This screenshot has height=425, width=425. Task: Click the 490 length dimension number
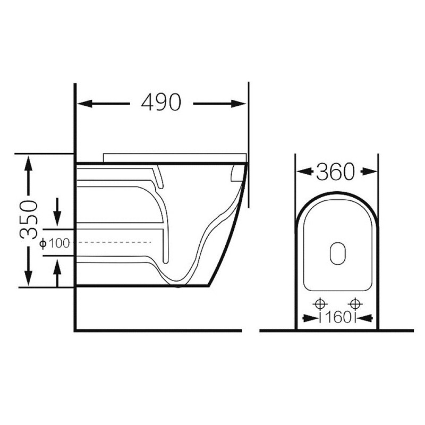coord(161,102)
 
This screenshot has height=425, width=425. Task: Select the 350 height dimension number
coord(28,219)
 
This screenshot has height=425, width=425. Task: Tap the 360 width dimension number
coord(335,172)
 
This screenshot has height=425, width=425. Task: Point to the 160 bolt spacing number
coord(337,318)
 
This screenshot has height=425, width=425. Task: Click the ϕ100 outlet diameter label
coord(55,243)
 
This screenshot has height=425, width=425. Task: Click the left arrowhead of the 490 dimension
coord(84,104)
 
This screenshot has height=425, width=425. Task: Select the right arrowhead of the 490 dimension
coord(239,104)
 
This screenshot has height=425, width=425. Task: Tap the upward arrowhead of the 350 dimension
coord(28,163)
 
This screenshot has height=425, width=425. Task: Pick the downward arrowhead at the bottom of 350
coord(28,278)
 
